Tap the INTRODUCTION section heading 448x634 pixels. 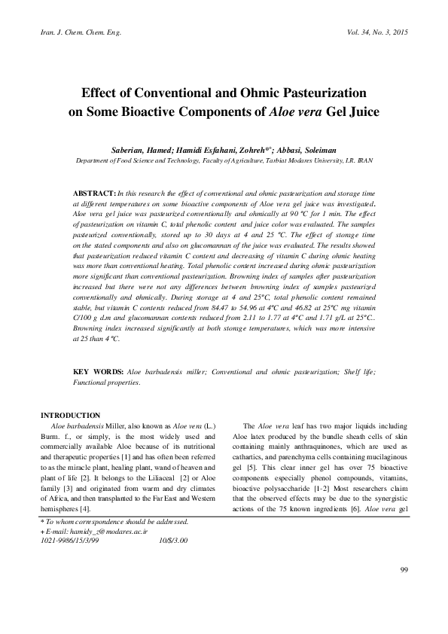click(70, 415)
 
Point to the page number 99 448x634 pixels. click(404, 590)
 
